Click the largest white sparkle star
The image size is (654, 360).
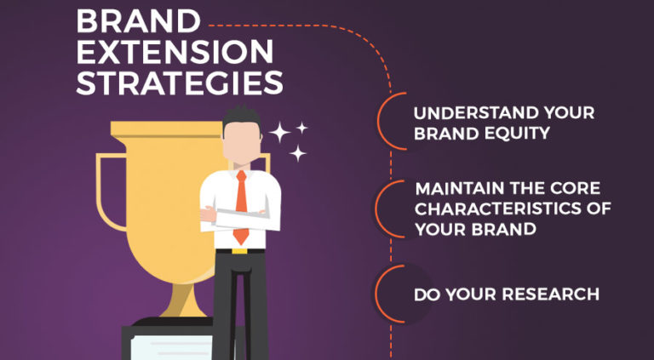click(x=279, y=133)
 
